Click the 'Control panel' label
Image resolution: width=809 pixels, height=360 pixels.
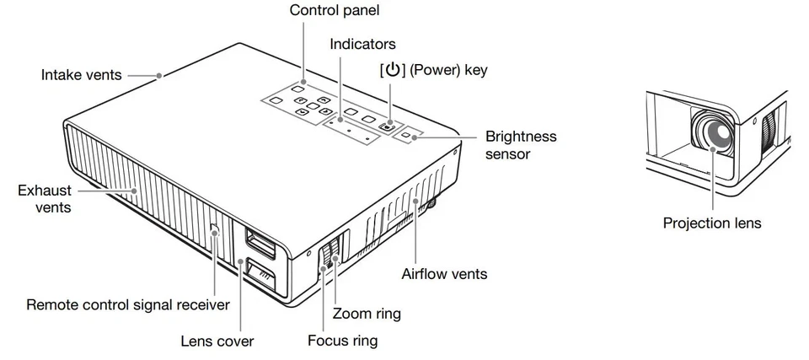point(335,11)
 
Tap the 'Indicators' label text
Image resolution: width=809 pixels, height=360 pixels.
point(362,44)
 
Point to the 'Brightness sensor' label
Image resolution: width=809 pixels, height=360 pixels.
point(521,145)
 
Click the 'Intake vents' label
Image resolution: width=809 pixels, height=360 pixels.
point(81,75)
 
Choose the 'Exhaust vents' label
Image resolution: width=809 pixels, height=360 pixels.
point(44,198)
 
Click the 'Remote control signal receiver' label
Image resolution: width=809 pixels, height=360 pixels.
point(128,304)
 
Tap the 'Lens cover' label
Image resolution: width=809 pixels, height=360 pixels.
point(217,341)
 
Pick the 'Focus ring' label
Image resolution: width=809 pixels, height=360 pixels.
point(342,341)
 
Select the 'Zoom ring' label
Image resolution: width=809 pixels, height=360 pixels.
point(367,314)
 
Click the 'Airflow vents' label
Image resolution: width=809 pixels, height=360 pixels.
point(444,274)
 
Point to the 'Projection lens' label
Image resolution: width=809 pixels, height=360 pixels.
point(712,223)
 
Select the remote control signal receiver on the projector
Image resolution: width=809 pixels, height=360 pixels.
point(214,228)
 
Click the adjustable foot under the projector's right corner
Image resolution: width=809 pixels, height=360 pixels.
point(432,204)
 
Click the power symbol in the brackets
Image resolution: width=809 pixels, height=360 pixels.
point(392,71)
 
